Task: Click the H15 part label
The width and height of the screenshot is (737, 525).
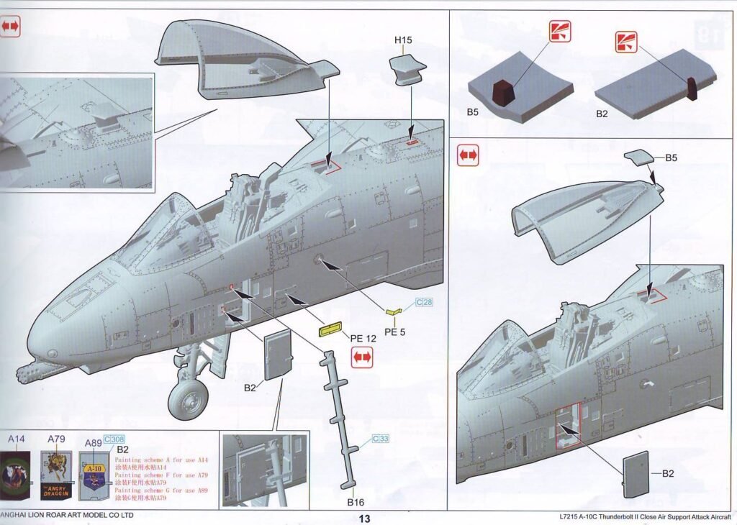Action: click(403, 40)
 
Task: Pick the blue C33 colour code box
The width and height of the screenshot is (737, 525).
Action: click(381, 438)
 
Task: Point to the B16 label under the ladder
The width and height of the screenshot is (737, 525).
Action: click(356, 502)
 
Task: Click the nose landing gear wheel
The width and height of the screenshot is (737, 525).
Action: click(189, 398)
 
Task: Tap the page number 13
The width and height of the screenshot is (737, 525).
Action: click(364, 518)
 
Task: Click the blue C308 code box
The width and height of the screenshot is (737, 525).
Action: click(114, 439)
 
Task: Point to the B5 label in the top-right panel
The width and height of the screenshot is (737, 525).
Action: click(472, 112)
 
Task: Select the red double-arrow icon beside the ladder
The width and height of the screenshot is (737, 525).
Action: click(362, 357)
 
